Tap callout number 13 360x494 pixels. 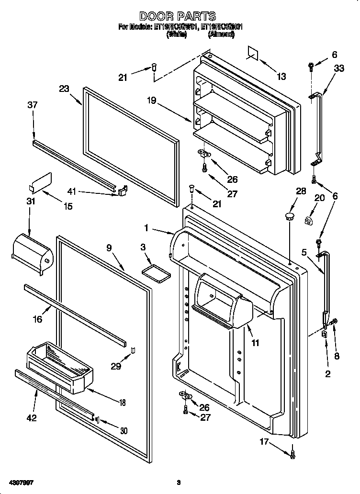[281, 76]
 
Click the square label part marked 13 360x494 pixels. [253, 54]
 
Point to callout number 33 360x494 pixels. [338, 68]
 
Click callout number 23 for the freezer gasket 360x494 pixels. [64, 89]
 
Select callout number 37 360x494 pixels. [32, 105]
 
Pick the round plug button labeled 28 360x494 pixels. [289, 218]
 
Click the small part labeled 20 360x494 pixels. [309, 220]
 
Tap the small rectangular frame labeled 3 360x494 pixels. [157, 272]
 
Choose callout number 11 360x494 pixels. [255, 342]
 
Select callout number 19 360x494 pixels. [152, 101]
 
